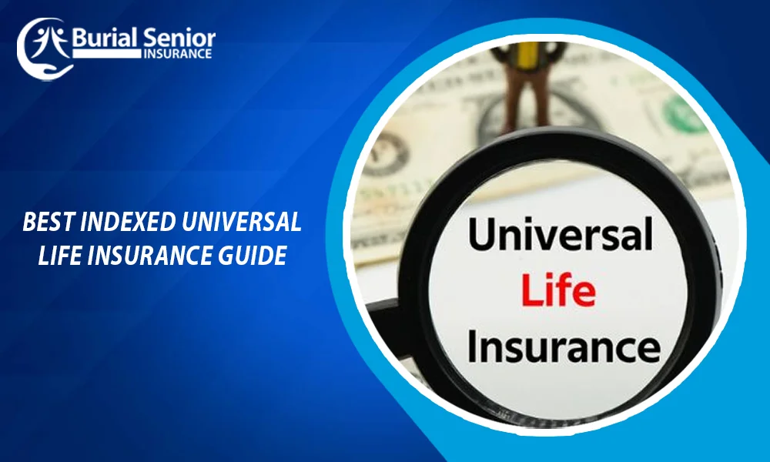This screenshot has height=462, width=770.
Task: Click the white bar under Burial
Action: click(105, 54)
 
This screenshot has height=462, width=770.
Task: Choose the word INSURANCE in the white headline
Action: click(152, 254)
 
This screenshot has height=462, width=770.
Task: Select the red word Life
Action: click(558, 291)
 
